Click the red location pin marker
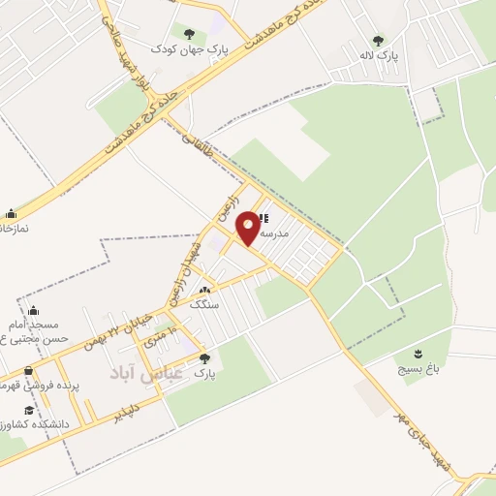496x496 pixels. [249, 227]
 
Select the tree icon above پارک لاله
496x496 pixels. [378, 41]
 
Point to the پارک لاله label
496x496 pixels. [378, 56]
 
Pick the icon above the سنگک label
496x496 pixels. [203, 290]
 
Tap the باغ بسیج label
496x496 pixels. [418, 369]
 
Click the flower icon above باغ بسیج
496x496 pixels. [418, 354]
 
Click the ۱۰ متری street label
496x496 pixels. [161, 339]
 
